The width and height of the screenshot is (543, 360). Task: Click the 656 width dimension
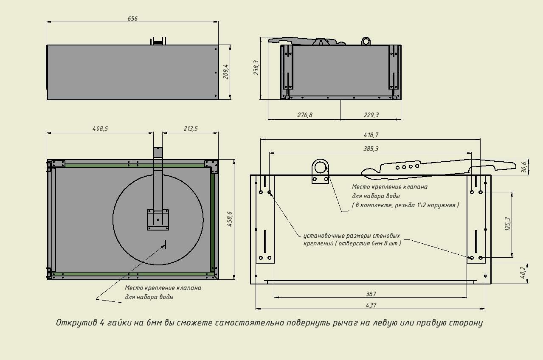click(x=132, y=19)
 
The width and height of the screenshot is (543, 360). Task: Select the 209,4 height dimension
click(x=225, y=72)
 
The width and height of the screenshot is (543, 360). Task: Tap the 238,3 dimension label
click(x=256, y=67)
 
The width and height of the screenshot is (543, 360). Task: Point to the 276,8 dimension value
click(x=304, y=115)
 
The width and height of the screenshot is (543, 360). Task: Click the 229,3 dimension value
click(x=371, y=115)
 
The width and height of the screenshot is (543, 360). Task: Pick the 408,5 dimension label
click(x=100, y=128)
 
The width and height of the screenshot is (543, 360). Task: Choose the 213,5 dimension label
click(x=190, y=128)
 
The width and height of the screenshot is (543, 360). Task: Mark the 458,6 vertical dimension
click(x=230, y=219)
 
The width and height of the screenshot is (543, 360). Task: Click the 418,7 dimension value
click(x=371, y=135)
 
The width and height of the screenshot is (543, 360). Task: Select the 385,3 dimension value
click(x=371, y=149)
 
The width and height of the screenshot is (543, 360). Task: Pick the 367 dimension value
click(x=371, y=294)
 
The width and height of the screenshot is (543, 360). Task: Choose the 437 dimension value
click(x=371, y=305)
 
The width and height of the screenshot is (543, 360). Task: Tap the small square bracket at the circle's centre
click(x=158, y=219)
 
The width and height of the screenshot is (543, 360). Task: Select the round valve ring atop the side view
click(x=366, y=41)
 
